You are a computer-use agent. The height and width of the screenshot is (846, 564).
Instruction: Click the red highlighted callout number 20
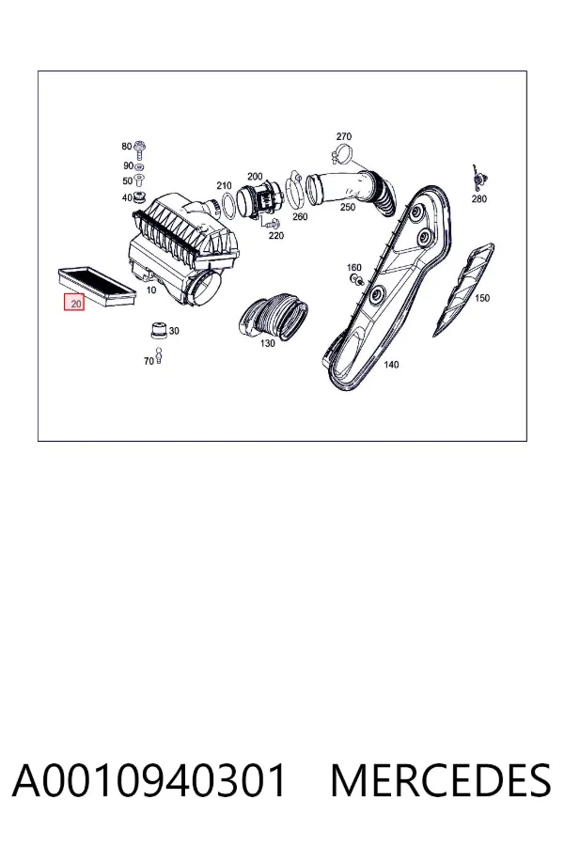click(x=75, y=304)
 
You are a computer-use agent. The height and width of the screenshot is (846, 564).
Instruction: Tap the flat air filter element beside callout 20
click(x=96, y=285)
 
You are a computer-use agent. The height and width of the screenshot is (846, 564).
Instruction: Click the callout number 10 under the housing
click(x=151, y=290)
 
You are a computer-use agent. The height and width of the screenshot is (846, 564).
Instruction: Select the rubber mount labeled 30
click(x=158, y=330)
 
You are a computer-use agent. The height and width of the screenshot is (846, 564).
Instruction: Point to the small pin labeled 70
click(x=158, y=356)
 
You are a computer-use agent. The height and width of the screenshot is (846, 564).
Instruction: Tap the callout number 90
click(x=128, y=165)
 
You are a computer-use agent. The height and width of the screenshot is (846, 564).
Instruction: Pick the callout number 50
click(x=127, y=180)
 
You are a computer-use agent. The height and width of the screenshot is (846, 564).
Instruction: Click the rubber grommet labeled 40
click(x=139, y=196)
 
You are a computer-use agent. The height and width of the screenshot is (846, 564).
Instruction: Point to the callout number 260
click(x=300, y=216)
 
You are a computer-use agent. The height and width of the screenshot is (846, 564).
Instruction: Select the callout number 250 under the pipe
click(x=348, y=207)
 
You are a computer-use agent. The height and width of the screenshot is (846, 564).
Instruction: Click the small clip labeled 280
click(x=478, y=179)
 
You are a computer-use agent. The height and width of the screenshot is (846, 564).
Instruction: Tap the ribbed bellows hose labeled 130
click(x=274, y=316)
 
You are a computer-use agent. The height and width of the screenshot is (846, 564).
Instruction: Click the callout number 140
click(x=391, y=365)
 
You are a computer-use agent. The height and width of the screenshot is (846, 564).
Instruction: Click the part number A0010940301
click(x=149, y=780)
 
